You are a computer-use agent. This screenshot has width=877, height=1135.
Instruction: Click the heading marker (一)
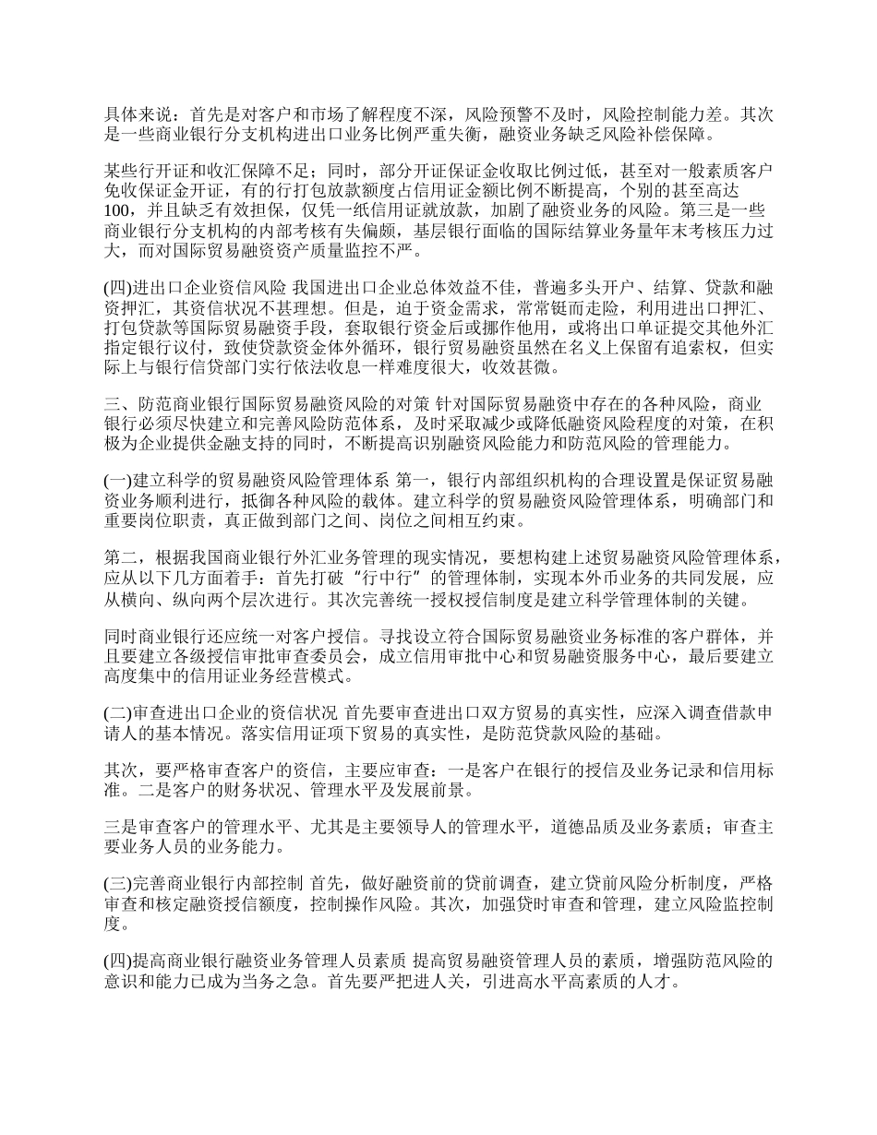point(118,482)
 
